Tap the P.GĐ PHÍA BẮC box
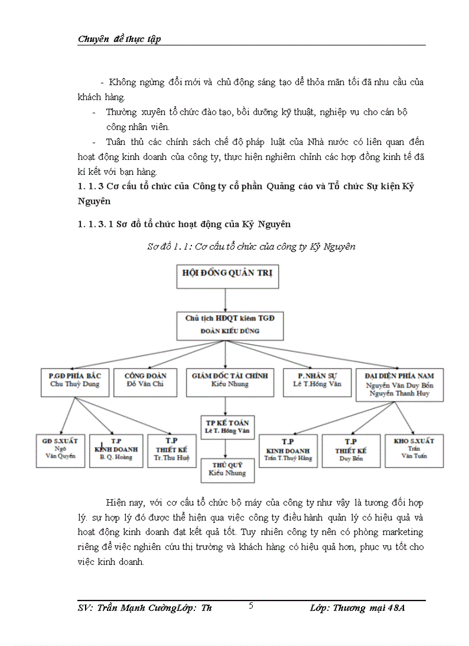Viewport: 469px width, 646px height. (x=75, y=381)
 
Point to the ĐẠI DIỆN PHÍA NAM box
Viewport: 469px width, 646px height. (x=395, y=384)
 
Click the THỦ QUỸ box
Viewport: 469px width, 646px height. (x=226, y=469)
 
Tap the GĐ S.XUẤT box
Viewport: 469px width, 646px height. (x=60, y=450)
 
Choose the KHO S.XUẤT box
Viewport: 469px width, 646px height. (x=414, y=450)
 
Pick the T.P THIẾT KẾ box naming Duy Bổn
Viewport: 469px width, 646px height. (x=352, y=450)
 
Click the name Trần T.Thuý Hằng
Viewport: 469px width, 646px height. (x=288, y=458)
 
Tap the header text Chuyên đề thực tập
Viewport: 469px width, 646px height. (x=119, y=39)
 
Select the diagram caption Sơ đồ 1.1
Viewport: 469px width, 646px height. (x=251, y=247)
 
